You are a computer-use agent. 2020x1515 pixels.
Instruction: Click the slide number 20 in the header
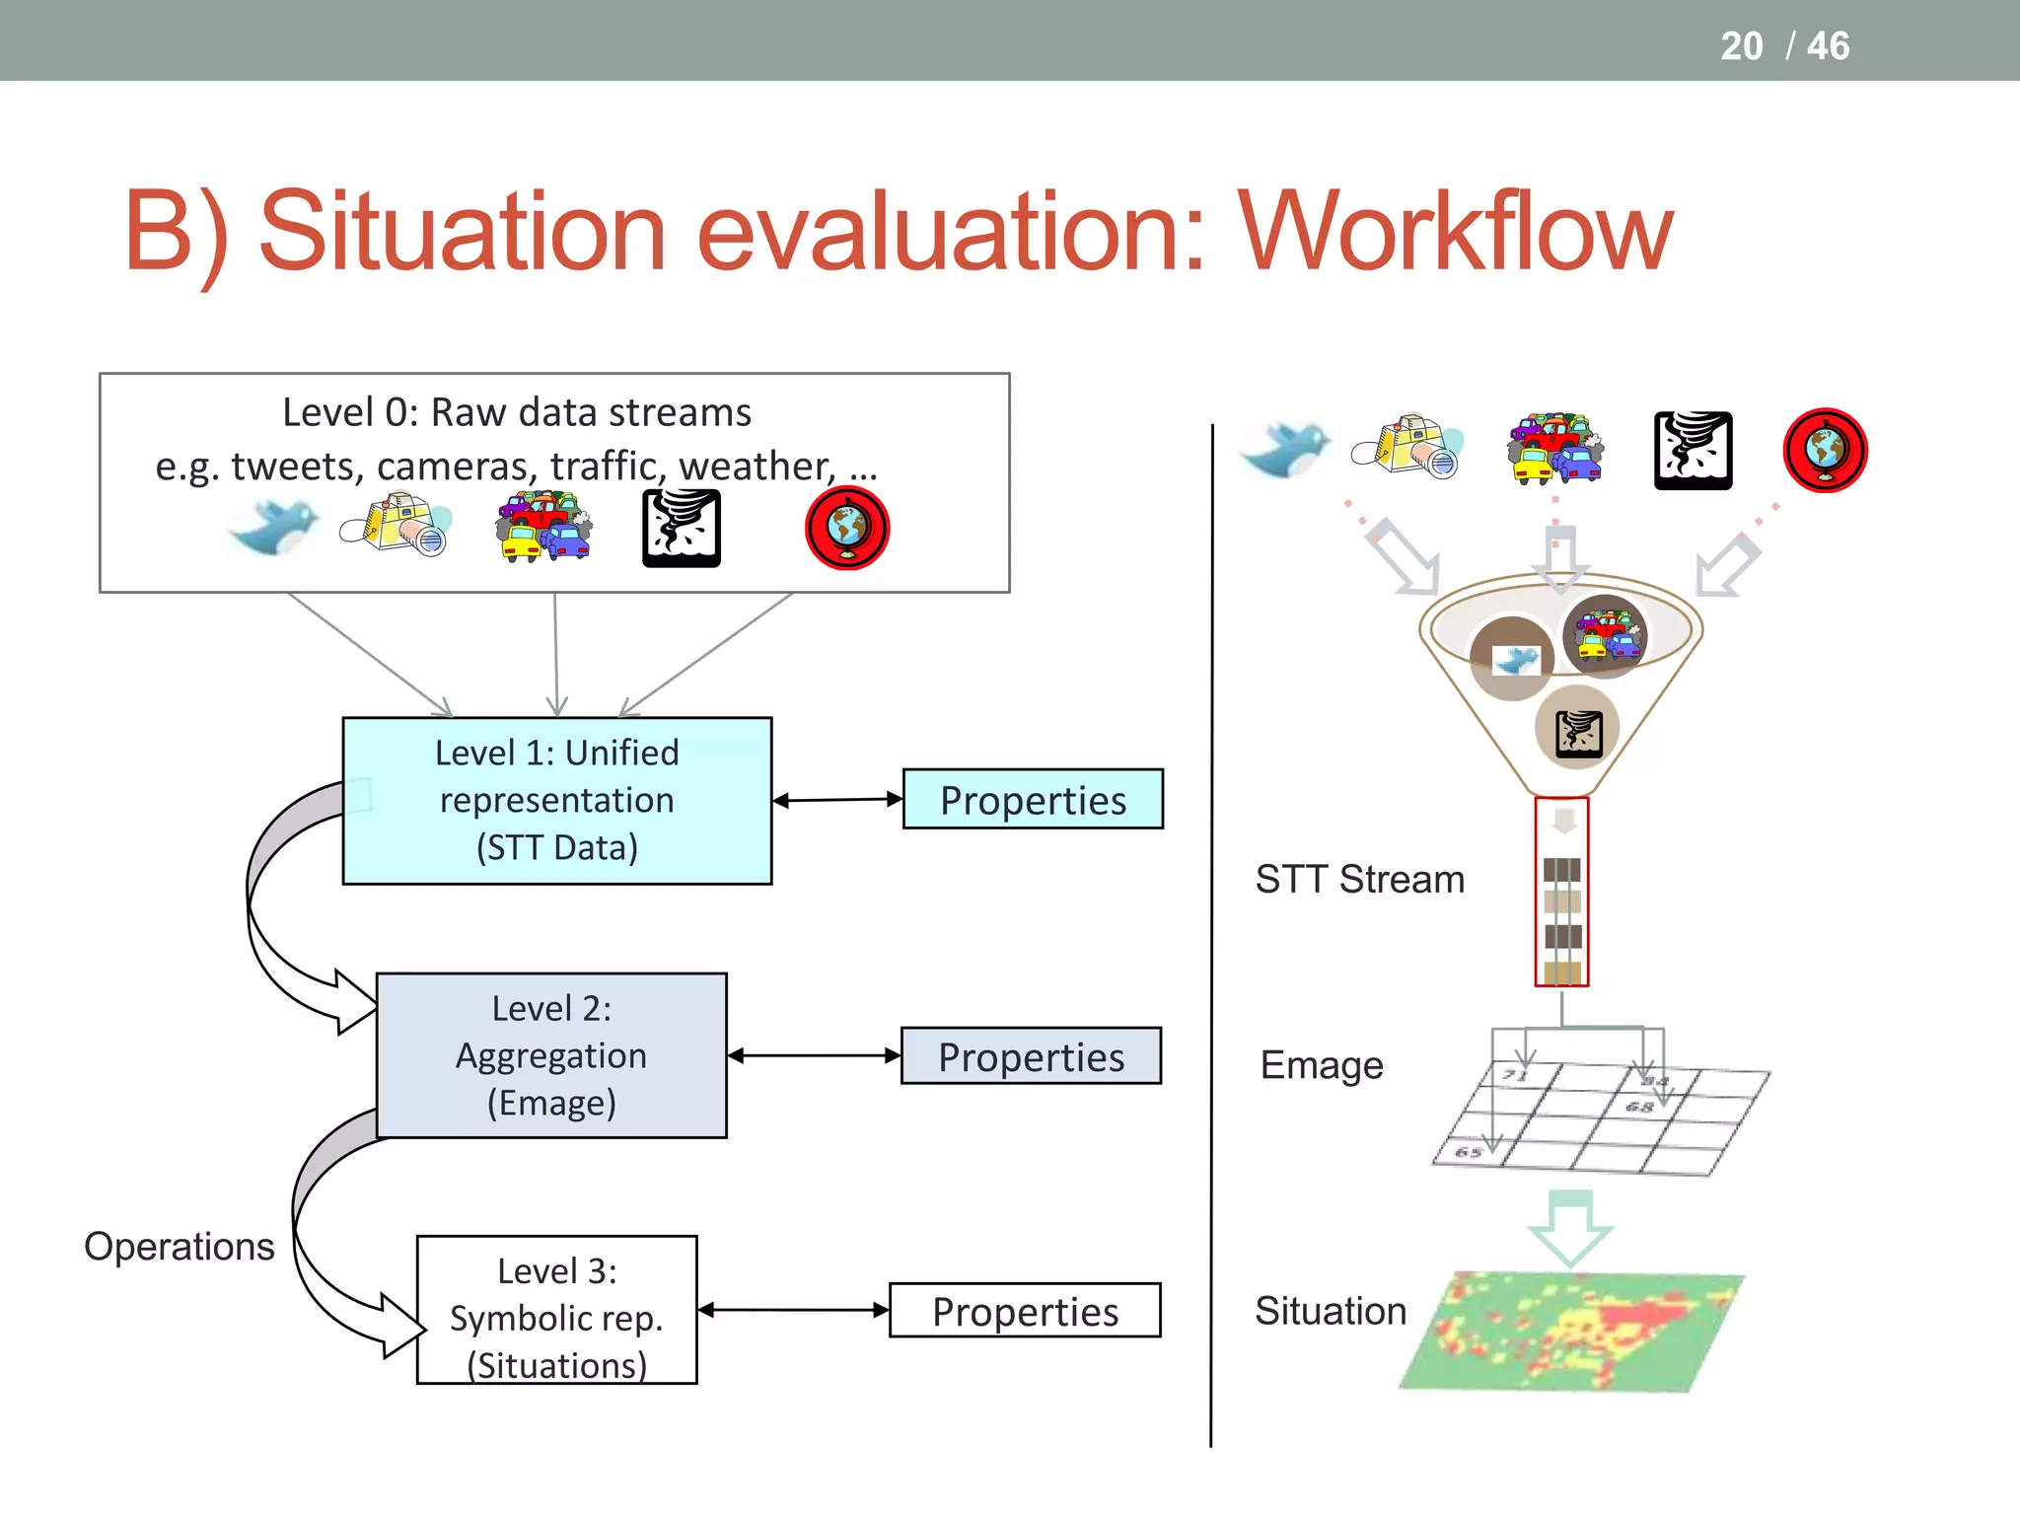pos(1741,46)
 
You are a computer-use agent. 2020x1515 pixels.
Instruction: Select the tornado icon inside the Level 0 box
pos(681,530)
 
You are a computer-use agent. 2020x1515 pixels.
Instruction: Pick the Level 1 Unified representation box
pos(556,800)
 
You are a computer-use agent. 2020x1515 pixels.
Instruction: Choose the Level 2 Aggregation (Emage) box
pos(551,1055)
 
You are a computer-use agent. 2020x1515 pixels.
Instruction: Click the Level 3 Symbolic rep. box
pos(556,1310)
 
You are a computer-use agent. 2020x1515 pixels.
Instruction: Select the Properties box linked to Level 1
pos(1033,799)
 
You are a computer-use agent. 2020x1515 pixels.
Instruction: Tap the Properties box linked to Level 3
pos(1025,1311)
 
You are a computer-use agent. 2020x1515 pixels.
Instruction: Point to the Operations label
pos(180,1247)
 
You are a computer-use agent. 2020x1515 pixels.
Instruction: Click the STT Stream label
pos(1359,879)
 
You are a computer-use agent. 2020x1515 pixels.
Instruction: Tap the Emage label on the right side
pos(1322,1065)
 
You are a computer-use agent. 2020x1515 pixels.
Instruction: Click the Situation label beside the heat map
pos(1330,1311)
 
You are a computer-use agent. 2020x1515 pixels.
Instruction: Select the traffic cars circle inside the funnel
pos(1605,636)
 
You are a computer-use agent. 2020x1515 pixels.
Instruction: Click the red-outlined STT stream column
pos(1561,892)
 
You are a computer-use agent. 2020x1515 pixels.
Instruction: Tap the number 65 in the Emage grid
pos(1469,1152)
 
